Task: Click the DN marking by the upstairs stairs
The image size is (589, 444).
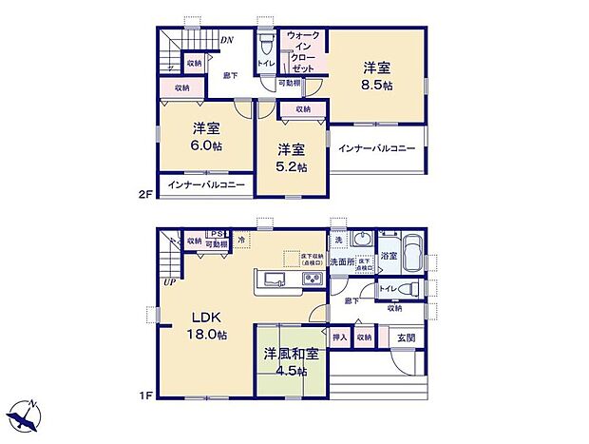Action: click(228, 40)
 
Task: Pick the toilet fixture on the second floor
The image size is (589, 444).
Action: click(267, 46)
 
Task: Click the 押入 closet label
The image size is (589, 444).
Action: click(340, 337)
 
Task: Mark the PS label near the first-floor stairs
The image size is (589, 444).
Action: click(217, 235)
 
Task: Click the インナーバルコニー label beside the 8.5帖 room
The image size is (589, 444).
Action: click(377, 150)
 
